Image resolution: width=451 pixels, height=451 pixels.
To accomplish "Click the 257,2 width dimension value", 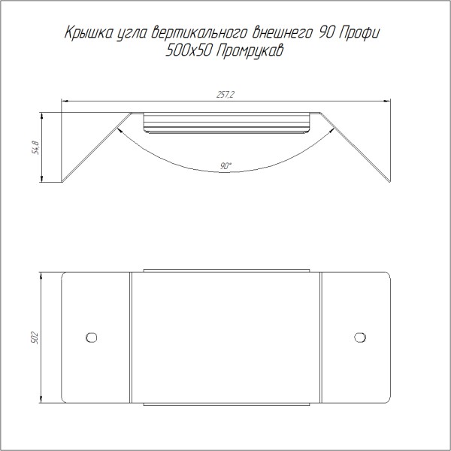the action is click(x=225, y=95).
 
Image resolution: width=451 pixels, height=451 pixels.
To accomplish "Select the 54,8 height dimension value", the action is click(x=37, y=147).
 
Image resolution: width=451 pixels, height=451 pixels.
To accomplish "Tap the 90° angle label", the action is click(x=225, y=166).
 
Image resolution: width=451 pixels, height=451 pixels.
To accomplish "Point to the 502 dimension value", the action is click(x=35, y=338).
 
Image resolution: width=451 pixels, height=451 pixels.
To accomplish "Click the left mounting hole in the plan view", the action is click(x=91, y=337).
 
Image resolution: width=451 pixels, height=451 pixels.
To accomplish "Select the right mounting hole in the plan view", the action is click(x=360, y=337).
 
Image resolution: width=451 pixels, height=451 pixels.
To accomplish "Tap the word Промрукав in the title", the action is click(x=250, y=51).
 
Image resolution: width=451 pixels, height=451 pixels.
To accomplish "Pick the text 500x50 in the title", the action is click(x=189, y=51).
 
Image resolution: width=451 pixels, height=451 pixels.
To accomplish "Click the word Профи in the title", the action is click(x=359, y=33).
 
